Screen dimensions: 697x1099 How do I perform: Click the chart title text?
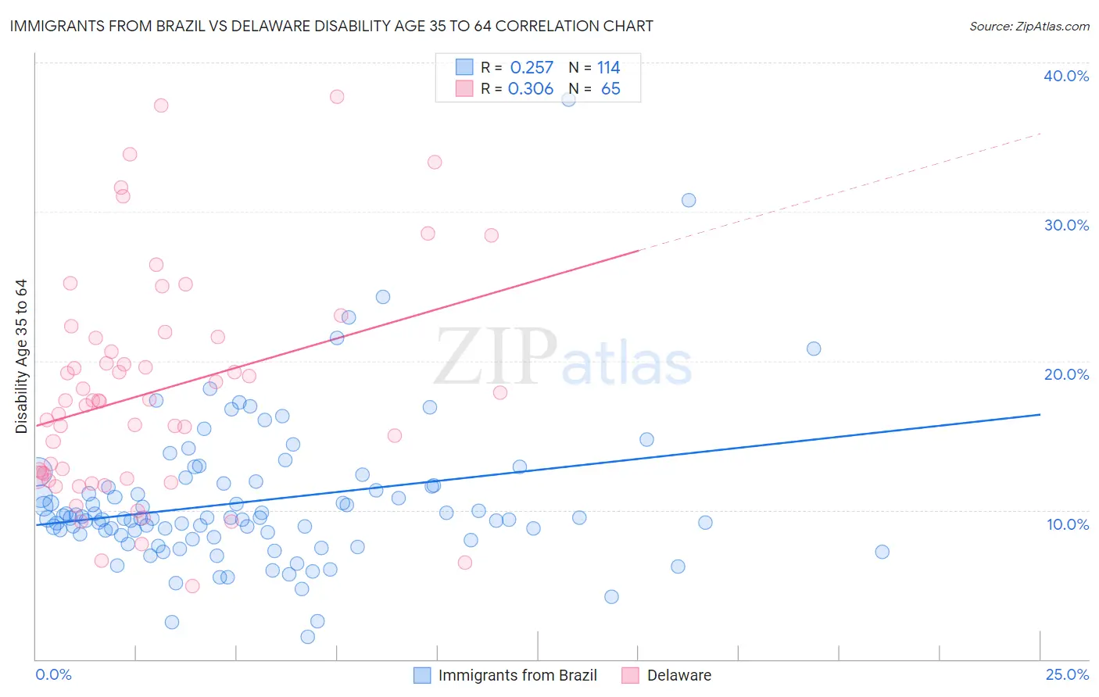click(331, 26)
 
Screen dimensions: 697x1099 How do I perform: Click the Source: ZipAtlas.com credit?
click(1029, 26)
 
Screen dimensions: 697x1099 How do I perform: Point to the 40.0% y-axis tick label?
click(1066, 76)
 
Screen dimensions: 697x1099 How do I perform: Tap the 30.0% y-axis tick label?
click(1066, 225)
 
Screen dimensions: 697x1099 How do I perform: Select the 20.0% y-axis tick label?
click(1066, 374)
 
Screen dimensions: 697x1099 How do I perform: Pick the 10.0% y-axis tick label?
click(1066, 524)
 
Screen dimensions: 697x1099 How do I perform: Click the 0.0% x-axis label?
click(53, 674)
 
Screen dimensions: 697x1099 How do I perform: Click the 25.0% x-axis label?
click(1067, 674)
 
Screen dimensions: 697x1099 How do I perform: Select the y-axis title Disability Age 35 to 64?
click(21, 356)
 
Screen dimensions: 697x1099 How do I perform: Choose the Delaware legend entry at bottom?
click(678, 675)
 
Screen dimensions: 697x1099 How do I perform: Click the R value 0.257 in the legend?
click(532, 67)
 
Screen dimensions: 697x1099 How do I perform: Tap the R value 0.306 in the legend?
click(531, 88)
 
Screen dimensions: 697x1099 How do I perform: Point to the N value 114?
click(608, 67)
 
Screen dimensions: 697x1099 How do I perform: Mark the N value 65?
click(610, 88)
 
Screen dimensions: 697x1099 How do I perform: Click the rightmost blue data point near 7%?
click(882, 552)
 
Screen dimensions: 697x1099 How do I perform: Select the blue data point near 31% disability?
click(689, 200)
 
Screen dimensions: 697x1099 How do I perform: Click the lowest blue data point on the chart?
click(308, 637)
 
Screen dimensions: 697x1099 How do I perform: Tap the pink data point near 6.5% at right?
click(465, 563)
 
